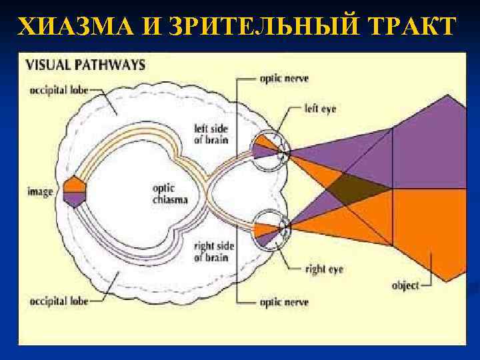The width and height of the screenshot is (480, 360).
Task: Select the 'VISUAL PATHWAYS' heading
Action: coord(86,65)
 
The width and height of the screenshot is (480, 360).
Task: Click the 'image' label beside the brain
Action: coord(40,192)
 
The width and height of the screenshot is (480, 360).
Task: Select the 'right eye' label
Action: coord(322,270)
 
